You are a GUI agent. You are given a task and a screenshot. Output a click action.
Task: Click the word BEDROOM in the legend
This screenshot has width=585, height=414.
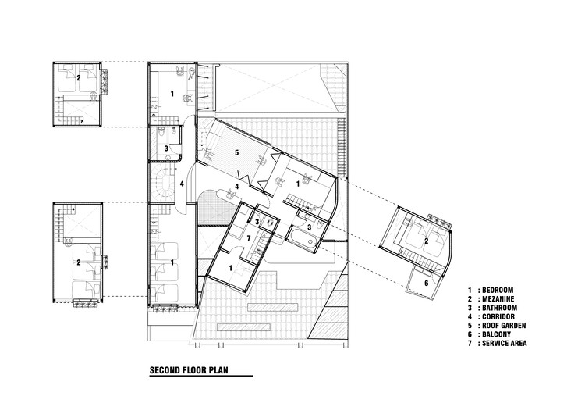[498, 290]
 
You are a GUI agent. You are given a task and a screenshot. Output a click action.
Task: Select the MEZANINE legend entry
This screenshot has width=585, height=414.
[498, 299]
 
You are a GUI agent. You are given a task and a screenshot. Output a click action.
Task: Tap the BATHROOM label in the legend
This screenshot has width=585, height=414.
[499, 308]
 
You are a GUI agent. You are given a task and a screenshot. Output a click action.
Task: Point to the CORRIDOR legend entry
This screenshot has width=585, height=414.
[498, 317]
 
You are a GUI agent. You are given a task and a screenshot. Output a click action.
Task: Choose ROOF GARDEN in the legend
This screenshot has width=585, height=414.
[504, 326]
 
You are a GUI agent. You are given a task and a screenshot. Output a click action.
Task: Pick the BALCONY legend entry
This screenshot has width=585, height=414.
[497, 334]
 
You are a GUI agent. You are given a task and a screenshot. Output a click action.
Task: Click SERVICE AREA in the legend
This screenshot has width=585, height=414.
[505, 343]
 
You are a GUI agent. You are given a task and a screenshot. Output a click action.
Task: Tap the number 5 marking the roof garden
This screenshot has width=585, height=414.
[236, 152]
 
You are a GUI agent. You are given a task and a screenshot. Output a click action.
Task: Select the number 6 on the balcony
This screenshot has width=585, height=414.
[427, 284]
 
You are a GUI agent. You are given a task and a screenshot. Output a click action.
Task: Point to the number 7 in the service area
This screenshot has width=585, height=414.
[250, 238]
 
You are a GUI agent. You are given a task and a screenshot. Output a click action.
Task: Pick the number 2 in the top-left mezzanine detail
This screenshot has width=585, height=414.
[78, 77]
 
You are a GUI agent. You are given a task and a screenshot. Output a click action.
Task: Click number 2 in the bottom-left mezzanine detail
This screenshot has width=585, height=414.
[78, 262]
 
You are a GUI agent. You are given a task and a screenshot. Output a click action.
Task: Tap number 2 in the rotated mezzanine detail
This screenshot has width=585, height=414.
[427, 241]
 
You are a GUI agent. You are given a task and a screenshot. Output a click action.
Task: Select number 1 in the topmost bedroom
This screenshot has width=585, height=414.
[172, 94]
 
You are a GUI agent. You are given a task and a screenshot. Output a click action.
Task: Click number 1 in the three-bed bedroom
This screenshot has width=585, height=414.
[172, 262]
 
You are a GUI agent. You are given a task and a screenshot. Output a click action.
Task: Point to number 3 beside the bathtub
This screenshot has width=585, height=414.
[310, 227]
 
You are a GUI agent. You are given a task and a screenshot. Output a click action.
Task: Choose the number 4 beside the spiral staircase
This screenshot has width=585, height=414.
[182, 184]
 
